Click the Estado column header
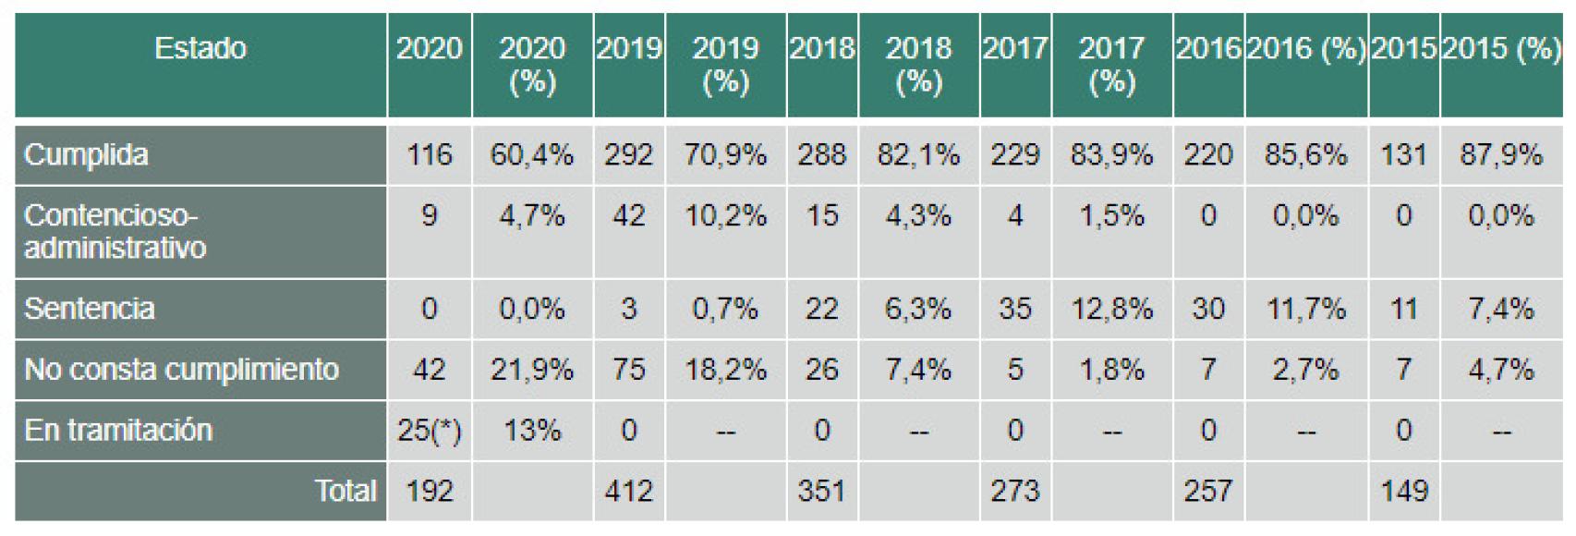[x=200, y=48]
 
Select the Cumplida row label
[x=86, y=154]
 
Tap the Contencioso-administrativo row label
[x=115, y=231]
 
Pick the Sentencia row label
[x=89, y=309]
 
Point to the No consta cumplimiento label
[x=181, y=370]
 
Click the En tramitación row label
[x=118, y=431]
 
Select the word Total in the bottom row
[x=346, y=491]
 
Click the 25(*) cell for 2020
[x=430, y=431]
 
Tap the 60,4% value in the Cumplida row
[x=532, y=154]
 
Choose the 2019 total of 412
[x=628, y=491]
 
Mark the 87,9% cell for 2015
[x=1501, y=154]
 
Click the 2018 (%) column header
[x=918, y=65]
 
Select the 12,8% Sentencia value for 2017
[x=1111, y=309]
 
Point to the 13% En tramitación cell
[x=532, y=431]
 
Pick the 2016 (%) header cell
[x=1305, y=48]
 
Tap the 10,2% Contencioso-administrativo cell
[x=725, y=216]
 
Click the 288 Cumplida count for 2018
[x=821, y=154]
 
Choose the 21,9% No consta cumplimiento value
[x=532, y=370]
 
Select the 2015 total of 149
[x=1403, y=491]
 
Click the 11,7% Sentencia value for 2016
[x=1305, y=309]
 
